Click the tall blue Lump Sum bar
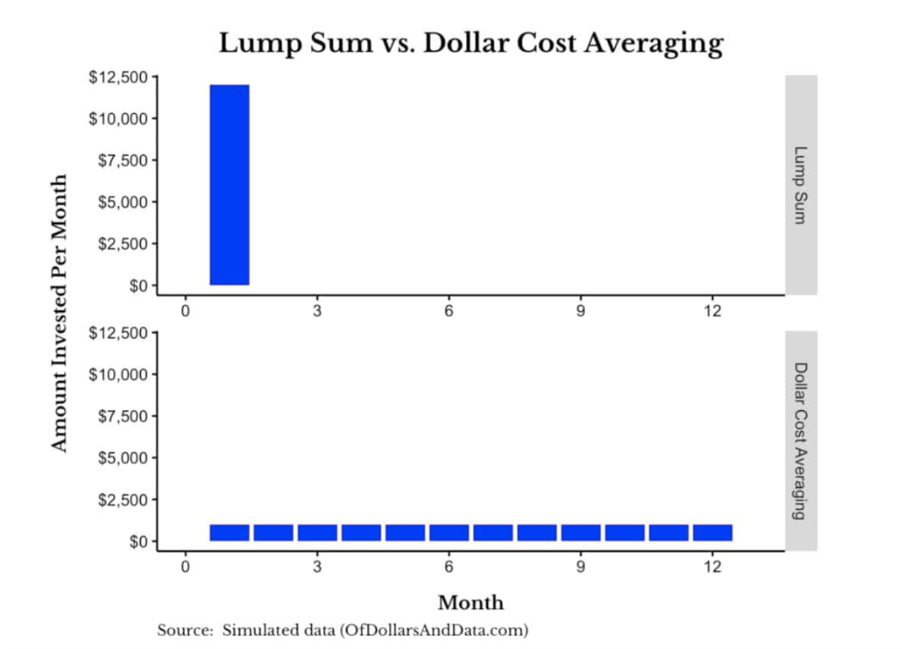click(x=229, y=185)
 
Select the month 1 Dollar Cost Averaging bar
click(x=229, y=532)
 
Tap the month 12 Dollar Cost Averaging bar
click(x=712, y=532)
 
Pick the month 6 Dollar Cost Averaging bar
click(x=449, y=532)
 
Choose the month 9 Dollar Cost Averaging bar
click(x=580, y=532)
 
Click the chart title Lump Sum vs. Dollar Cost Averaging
click(x=470, y=43)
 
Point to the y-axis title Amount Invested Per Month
click(x=60, y=313)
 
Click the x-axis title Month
click(x=470, y=602)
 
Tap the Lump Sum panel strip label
click(x=801, y=185)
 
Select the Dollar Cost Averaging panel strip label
click(x=801, y=441)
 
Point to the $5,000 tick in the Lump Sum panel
click(x=123, y=202)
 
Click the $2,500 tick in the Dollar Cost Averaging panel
click(x=123, y=499)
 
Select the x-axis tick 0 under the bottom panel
click(x=185, y=567)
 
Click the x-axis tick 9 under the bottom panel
click(x=580, y=567)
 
